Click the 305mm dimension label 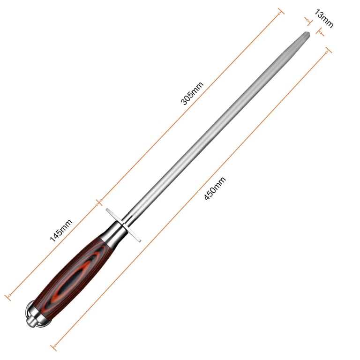192,93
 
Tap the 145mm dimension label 61,230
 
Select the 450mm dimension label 215,188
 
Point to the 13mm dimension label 324,18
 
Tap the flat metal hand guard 123,225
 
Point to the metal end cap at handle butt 34,314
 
